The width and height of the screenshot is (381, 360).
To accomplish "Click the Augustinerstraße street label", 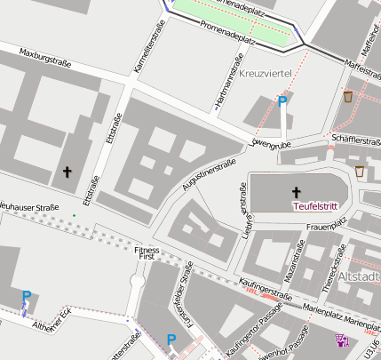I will click(x=201, y=169).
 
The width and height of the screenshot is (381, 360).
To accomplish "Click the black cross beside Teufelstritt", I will click(x=296, y=191).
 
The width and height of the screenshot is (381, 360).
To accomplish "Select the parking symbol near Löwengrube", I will click(x=282, y=102).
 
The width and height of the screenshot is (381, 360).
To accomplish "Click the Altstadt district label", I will click(x=361, y=276).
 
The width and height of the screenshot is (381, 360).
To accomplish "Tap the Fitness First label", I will click(x=146, y=255).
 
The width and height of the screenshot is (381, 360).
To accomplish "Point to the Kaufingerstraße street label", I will click(x=266, y=287).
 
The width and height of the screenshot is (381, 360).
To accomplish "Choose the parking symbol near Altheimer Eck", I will click(x=26, y=297).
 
